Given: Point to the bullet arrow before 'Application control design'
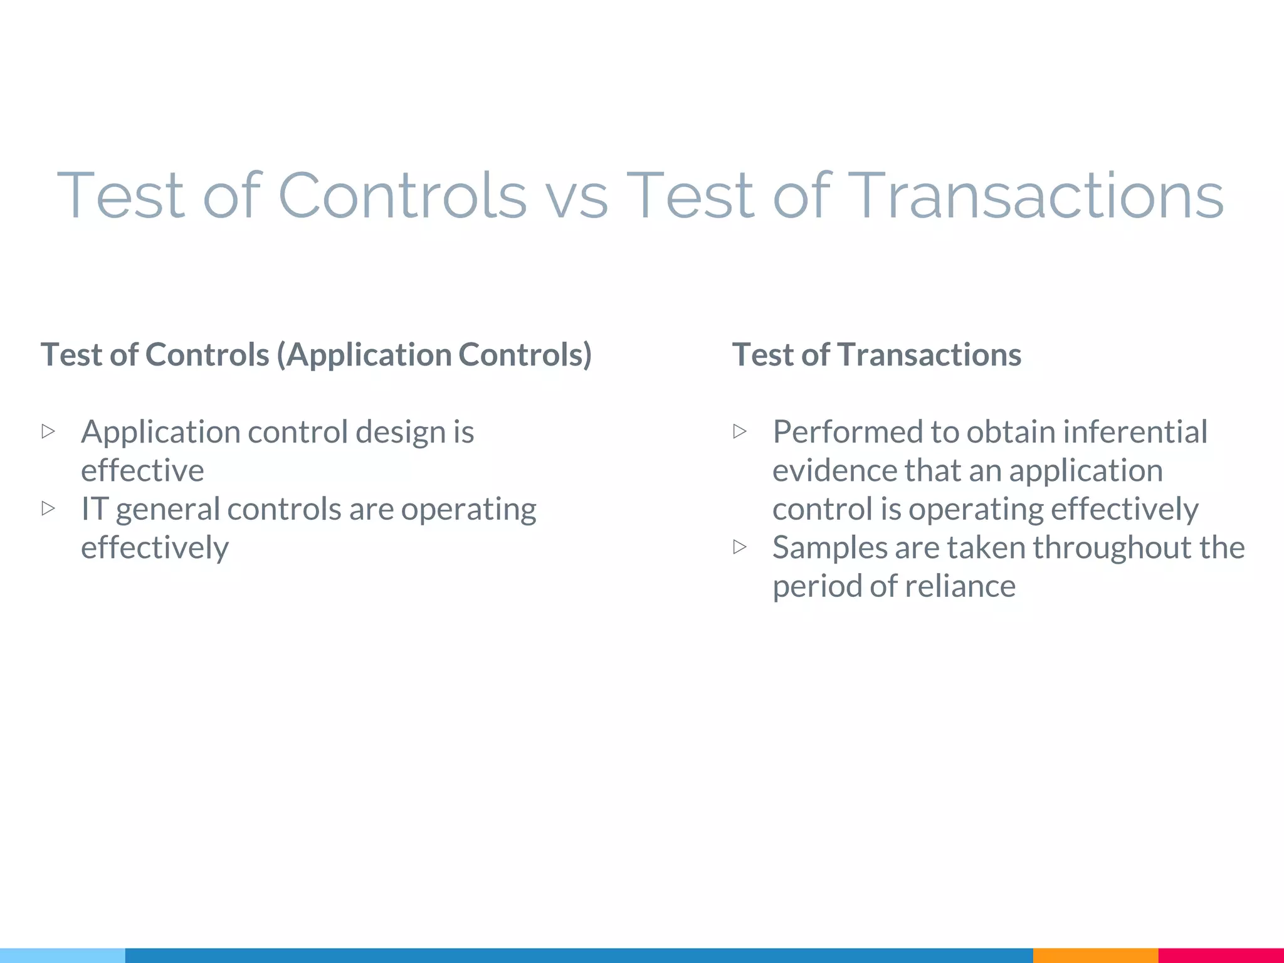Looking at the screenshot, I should pos(48,431).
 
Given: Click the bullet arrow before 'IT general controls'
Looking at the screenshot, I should pos(48,508).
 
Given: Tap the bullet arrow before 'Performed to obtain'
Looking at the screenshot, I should pos(740,431).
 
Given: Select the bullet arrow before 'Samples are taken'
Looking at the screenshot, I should pos(740,547).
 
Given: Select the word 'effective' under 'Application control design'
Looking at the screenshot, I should pos(142,470).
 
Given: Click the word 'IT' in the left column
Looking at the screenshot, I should pos(94,508).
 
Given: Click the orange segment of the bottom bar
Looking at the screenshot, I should pos(1095,955).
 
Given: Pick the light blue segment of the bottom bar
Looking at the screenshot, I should pos(63,955).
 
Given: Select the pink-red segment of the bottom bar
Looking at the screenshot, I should pos(1221,955).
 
